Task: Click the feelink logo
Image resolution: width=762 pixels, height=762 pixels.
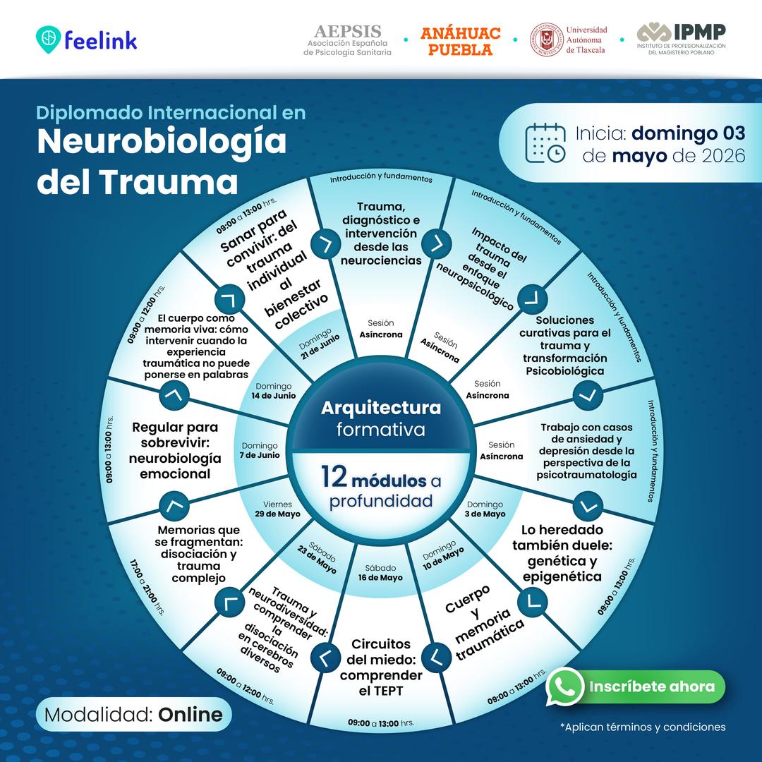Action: point(87,40)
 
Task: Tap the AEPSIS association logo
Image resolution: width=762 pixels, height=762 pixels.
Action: point(347,40)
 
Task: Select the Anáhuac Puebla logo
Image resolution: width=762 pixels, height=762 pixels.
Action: point(460,42)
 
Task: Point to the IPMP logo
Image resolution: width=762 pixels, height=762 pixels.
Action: point(682,39)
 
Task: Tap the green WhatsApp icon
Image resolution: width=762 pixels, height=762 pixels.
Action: point(564,687)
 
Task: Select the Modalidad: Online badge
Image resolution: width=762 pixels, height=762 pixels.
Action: point(133,714)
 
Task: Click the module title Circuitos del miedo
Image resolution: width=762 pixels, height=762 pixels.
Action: point(381,667)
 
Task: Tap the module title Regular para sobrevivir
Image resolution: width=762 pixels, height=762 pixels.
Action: point(175,450)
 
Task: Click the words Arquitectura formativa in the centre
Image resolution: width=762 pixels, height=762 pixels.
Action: point(381,418)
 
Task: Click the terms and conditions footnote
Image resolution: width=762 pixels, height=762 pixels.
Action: point(643,727)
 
